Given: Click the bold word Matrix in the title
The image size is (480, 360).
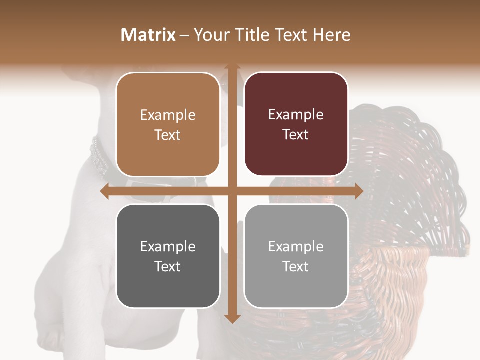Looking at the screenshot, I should click(x=148, y=35).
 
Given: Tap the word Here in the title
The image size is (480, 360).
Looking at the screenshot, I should click(x=331, y=35).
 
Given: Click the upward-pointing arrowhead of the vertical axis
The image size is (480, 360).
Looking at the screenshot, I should click(x=232, y=67).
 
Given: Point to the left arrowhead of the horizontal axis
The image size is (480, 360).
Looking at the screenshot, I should click(x=104, y=191).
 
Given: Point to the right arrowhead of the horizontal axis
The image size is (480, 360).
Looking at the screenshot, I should click(x=359, y=191).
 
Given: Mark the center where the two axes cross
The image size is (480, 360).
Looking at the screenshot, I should click(x=232, y=191).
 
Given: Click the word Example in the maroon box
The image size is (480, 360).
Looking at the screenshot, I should click(x=296, y=115).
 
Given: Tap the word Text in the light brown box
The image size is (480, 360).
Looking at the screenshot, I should click(x=168, y=135).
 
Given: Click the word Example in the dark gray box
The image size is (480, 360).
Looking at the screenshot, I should click(x=168, y=246).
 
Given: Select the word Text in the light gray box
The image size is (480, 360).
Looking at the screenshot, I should click(x=296, y=267).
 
